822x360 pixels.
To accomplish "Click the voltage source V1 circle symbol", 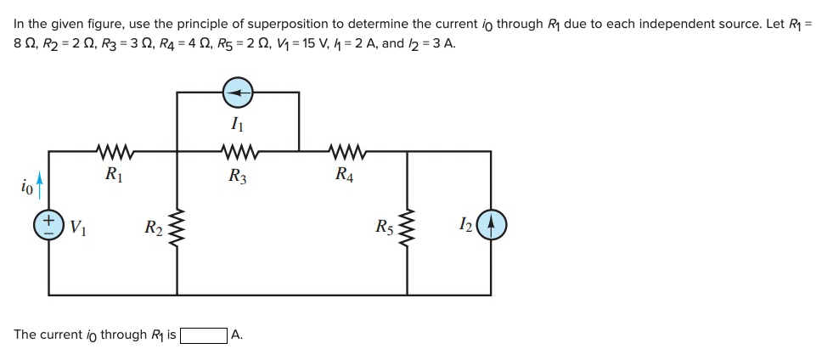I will tap(48, 225).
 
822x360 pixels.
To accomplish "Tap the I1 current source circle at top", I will tap(239, 91).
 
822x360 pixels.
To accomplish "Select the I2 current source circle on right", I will tap(492, 225).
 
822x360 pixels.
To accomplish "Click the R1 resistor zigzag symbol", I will tap(113, 153).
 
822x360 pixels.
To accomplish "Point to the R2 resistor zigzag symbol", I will tap(177, 226).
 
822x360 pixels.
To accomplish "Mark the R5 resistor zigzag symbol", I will tap(408, 226).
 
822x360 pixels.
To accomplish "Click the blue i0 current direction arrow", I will tap(37, 182).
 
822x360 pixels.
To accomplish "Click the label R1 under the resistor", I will tap(113, 175).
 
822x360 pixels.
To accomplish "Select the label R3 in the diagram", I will tap(238, 177).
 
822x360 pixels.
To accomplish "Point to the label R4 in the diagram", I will tap(344, 175).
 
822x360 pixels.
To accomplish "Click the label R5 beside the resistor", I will tap(385, 227).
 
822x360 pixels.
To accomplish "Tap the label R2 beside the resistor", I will tap(154, 227).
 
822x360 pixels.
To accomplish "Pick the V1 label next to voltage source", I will tap(76, 227).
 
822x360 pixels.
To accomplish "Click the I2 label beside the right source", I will tap(464, 225).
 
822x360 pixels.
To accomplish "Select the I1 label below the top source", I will tap(238, 123).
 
